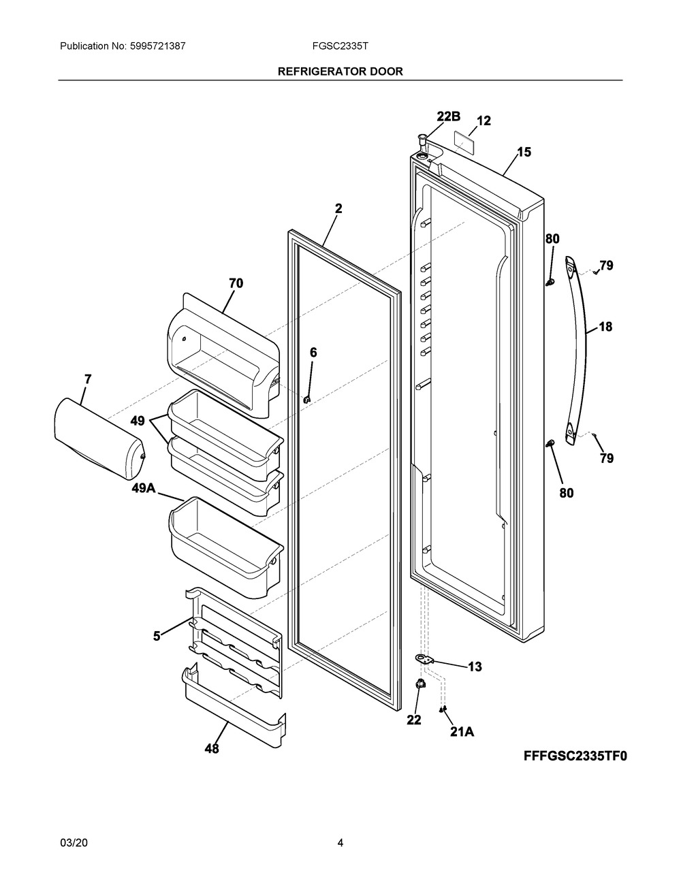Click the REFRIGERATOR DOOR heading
[x=340, y=71]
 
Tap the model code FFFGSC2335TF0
[x=574, y=756]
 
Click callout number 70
[x=236, y=283]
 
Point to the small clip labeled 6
[x=307, y=400]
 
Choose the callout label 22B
[x=449, y=117]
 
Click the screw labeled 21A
[x=443, y=709]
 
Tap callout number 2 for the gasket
[x=338, y=209]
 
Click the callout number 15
[x=523, y=153]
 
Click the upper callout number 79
[x=606, y=266]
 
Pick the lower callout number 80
[x=567, y=492]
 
